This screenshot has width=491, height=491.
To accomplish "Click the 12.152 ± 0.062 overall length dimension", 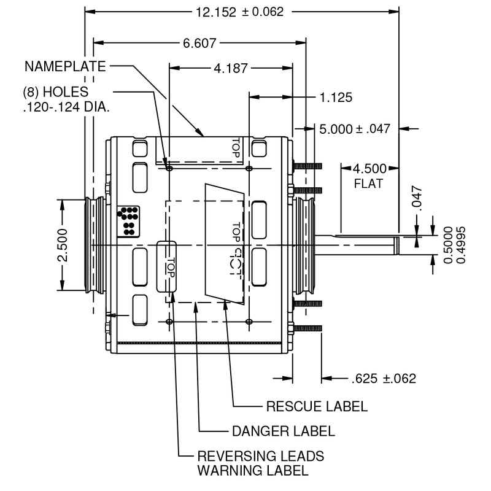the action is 239,12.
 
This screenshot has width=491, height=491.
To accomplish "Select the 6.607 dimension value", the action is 200,43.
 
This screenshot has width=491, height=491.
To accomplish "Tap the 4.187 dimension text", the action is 231,68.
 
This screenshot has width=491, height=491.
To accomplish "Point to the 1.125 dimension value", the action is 336,98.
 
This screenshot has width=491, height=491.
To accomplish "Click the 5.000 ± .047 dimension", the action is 355,129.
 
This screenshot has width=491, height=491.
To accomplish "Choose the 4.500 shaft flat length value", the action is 369,169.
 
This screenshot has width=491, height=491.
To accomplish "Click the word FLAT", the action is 368,184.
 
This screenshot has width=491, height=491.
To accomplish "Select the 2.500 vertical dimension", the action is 63,245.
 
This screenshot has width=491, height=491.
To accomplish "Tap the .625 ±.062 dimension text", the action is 384,379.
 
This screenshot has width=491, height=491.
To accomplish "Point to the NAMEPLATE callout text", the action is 65,66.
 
